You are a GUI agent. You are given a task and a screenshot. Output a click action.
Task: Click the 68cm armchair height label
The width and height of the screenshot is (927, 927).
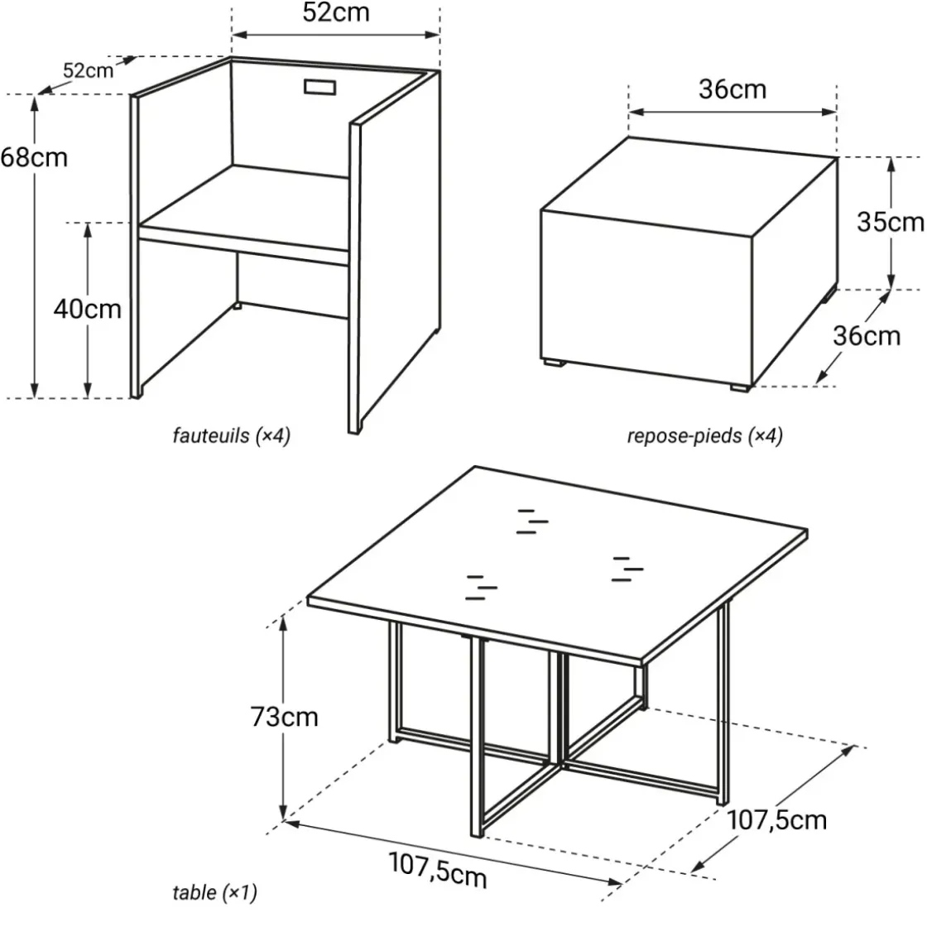tap(34, 158)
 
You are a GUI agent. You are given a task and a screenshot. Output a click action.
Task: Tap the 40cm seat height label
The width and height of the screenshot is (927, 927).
tap(88, 310)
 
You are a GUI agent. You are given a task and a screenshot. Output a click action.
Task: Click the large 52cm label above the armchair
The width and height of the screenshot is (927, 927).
tap(336, 12)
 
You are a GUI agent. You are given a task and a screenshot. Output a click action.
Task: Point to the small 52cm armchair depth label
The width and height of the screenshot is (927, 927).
tap(88, 71)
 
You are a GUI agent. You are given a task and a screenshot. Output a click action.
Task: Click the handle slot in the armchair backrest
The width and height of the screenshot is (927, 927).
tap(319, 87)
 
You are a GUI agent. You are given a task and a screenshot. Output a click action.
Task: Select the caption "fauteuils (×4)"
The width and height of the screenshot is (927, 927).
tap(232, 436)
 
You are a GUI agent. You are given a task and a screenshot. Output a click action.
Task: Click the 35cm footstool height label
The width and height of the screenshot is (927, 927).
tap(891, 223)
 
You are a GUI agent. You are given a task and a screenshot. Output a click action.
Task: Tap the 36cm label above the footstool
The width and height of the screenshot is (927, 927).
tap(732, 89)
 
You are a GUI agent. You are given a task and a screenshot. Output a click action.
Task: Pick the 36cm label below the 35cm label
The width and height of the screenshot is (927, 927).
tap(867, 336)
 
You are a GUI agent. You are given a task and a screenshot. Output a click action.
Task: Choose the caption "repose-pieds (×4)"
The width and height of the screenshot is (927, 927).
tap(704, 436)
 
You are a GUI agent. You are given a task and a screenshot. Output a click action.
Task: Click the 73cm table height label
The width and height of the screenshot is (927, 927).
tap(285, 717)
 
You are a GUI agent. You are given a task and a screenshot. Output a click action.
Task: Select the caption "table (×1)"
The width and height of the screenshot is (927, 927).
tap(215, 893)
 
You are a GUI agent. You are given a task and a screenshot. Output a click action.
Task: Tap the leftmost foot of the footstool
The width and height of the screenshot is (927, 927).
tap(553, 363)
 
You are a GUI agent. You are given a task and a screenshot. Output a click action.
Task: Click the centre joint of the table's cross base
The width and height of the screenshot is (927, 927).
tap(560, 763)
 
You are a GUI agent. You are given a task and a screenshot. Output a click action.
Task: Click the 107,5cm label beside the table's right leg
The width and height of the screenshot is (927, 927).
tap(776, 820)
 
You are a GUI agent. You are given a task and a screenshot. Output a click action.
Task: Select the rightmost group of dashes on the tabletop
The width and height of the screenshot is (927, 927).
tap(627, 569)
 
